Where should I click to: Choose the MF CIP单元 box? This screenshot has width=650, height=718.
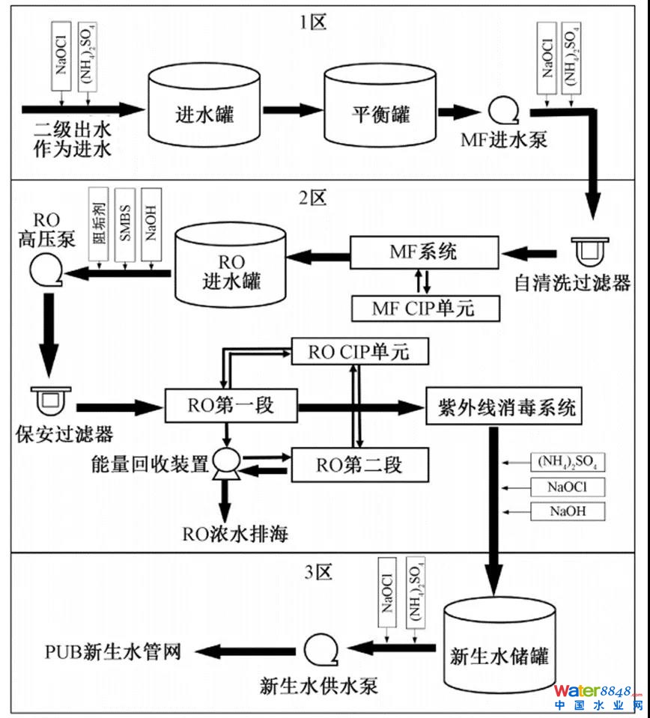coord(424,306)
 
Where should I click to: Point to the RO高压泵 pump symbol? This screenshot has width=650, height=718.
coord(43,275)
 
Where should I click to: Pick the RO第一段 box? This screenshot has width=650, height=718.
coord(231,407)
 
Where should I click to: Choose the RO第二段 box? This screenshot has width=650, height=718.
coord(359,464)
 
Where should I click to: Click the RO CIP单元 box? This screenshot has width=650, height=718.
coord(359,351)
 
